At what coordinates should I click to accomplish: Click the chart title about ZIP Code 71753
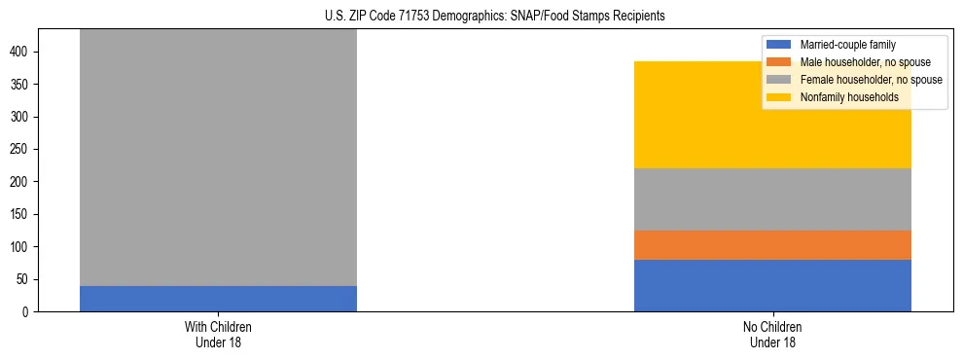pyautogui.click(x=481, y=17)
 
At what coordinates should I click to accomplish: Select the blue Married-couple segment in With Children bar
pyautogui.click(x=218, y=299)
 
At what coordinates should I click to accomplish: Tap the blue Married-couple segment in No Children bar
pyautogui.click(x=772, y=285)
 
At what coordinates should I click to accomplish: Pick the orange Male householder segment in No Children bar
pyautogui.click(x=772, y=245)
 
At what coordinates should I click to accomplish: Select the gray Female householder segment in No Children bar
pyautogui.click(x=772, y=199)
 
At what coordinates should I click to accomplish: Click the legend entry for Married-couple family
pyautogui.click(x=847, y=45)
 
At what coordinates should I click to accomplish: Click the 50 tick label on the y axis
pyautogui.click(x=29, y=279)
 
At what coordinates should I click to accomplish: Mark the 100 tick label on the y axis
pyautogui.click(x=26, y=247)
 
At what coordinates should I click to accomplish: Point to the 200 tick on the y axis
pyautogui.click(x=26, y=182)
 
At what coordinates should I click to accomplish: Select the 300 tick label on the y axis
pyautogui.click(x=26, y=117)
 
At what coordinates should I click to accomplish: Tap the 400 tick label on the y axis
pyautogui.click(x=26, y=52)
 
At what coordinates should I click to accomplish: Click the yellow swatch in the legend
pyautogui.click(x=779, y=97)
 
